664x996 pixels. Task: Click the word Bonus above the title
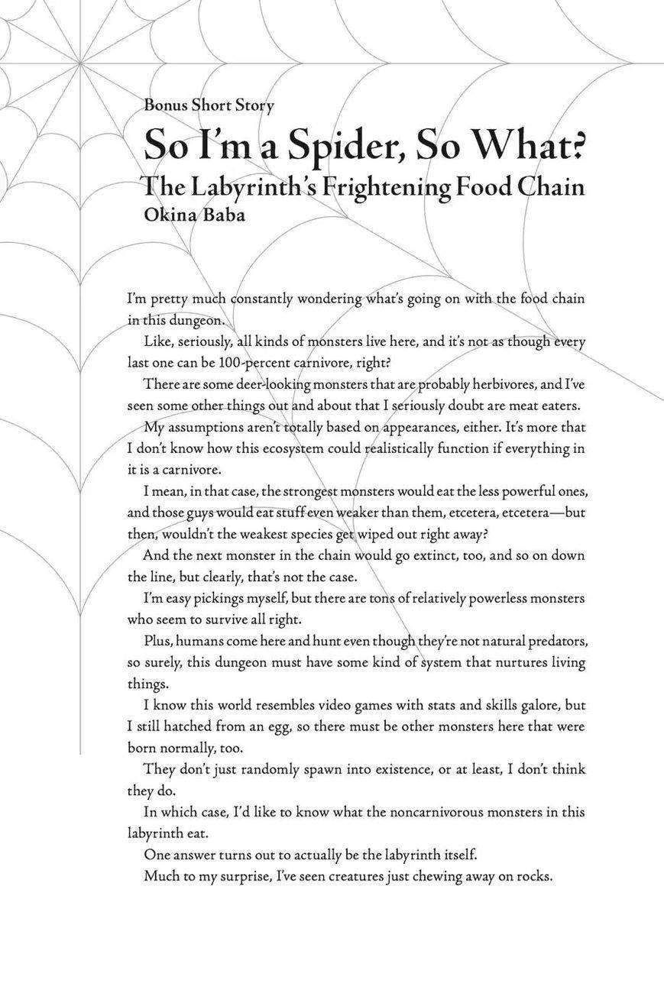[x=164, y=105]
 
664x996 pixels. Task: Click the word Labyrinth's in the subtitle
[x=248, y=185]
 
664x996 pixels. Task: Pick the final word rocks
[x=535, y=875]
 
